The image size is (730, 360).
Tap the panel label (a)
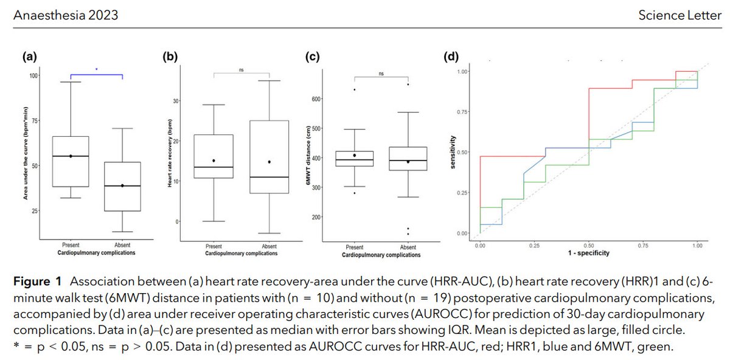(30, 57)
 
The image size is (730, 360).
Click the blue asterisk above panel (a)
(96, 69)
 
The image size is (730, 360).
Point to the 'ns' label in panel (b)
(242, 70)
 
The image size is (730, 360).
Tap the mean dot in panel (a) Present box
(71, 156)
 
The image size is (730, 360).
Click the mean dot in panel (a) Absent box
(122, 185)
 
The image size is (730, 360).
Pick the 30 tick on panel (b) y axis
(176, 101)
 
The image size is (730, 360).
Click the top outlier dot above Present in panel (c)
(355, 90)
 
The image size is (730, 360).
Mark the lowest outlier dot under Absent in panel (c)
(408, 234)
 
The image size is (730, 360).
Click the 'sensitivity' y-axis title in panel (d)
(453, 152)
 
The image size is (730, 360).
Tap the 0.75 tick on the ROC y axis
(465, 111)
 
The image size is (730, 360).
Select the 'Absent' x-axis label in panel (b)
(268, 247)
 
